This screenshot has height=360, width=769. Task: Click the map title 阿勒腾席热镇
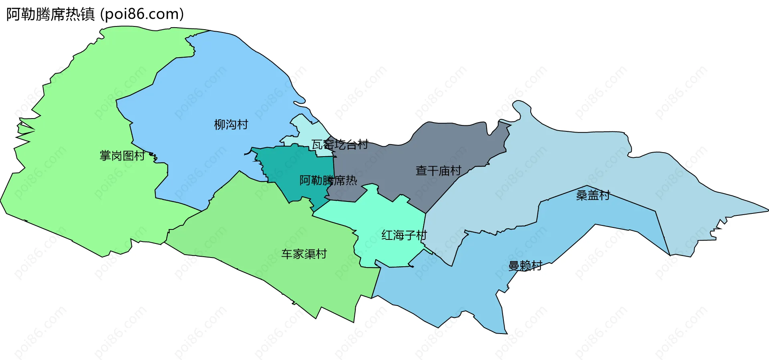(x=50, y=14)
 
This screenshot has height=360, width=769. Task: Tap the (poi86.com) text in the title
(x=142, y=14)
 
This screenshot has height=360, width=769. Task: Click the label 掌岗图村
(x=122, y=156)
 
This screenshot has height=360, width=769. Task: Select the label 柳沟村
(x=231, y=125)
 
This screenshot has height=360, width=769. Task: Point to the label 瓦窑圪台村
(x=340, y=144)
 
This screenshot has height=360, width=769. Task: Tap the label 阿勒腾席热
(x=328, y=181)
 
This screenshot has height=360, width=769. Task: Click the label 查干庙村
(x=438, y=171)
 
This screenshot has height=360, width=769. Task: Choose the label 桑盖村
(x=593, y=195)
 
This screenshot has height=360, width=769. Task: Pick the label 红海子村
(x=404, y=235)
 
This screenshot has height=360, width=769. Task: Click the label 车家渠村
(x=304, y=254)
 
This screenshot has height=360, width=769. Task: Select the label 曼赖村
(x=525, y=266)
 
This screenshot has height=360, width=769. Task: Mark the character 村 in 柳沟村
(x=243, y=125)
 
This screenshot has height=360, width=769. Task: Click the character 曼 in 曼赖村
(x=513, y=266)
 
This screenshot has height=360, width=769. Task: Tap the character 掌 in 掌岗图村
(x=105, y=156)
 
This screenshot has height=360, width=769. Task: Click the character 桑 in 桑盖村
(x=582, y=195)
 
